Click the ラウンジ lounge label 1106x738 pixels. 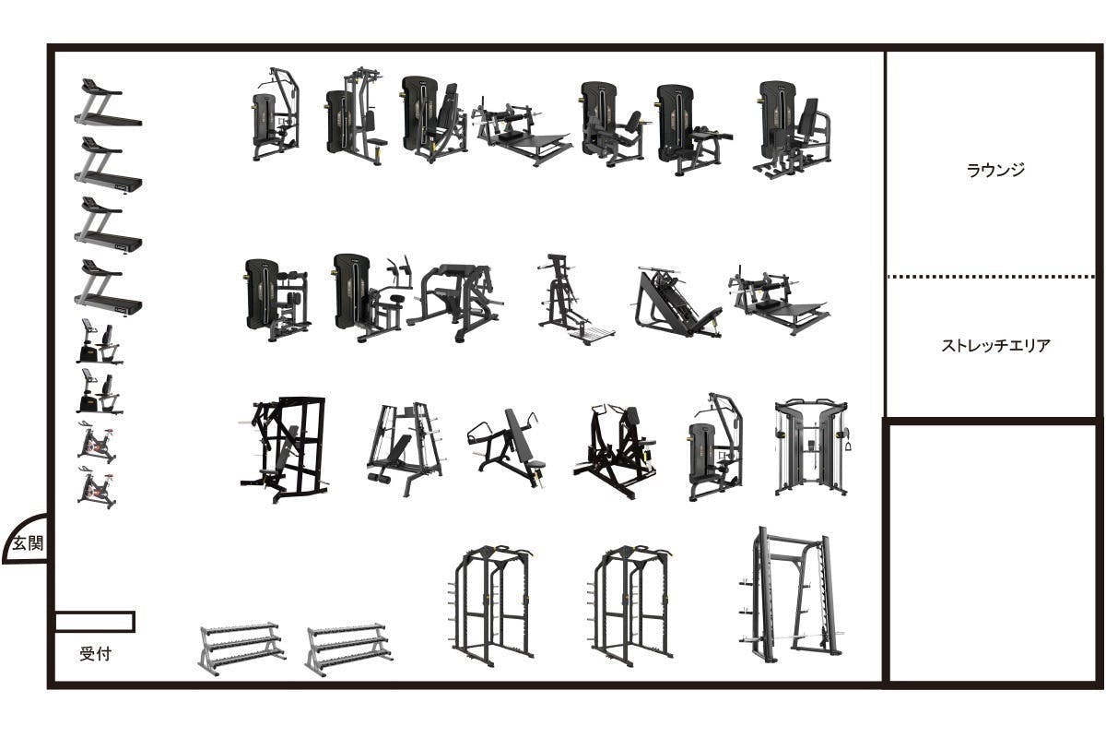click(x=994, y=170)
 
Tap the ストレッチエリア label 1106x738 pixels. click(x=995, y=345)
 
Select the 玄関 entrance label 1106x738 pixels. click(x=28, y=543)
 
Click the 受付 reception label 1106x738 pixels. click(x=95, y=653)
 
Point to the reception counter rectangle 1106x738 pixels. click(x=94, y=622)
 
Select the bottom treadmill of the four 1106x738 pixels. click(x=108, y=288)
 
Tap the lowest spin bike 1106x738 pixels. click(x=97, y=487)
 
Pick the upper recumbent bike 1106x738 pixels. click(x=100, y=341)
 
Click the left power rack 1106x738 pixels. click(x=492, y=604)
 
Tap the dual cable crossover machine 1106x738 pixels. click(x=812, y=447)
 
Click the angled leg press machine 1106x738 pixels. click(x=676, y=302)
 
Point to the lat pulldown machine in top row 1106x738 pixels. click(x=276, y=114)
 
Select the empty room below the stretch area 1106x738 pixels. click(x=993, y=553)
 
